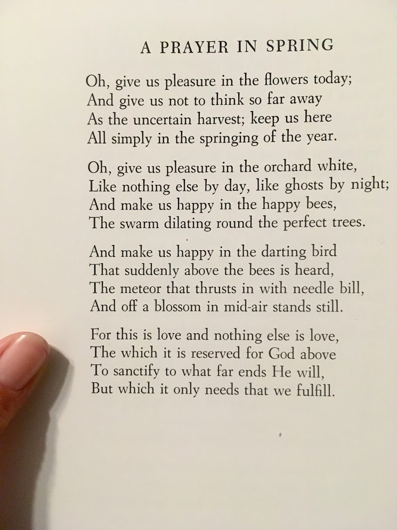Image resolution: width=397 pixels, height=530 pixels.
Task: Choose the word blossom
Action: [x=154, y=307]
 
